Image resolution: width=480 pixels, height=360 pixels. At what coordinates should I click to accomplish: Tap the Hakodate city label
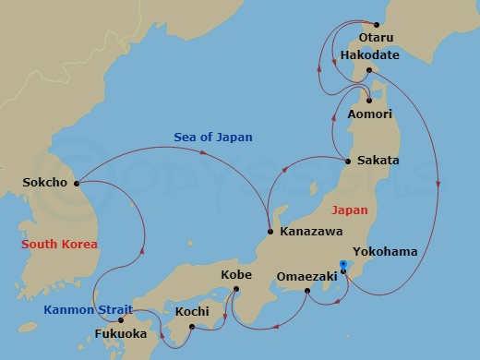click(x=371, y=55)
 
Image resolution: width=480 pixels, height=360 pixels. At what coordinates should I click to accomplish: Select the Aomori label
click(x=370, y=114)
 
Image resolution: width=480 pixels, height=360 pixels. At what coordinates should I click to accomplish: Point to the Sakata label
click(x=378, y=160)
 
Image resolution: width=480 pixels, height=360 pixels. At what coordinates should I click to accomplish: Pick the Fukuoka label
click(x=121, y=333)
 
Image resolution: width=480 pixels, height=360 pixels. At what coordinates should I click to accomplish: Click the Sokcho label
click(x=44, y=182)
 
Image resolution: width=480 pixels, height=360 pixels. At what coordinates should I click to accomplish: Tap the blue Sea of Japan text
click(x=213, y=138)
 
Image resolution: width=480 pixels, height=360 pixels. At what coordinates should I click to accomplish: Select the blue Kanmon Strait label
click(x=88, y=309)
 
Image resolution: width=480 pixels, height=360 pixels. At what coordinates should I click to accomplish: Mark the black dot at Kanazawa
click(x=269, y=231)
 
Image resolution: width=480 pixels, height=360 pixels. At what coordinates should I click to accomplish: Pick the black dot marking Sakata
click(x=347, y=161)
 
